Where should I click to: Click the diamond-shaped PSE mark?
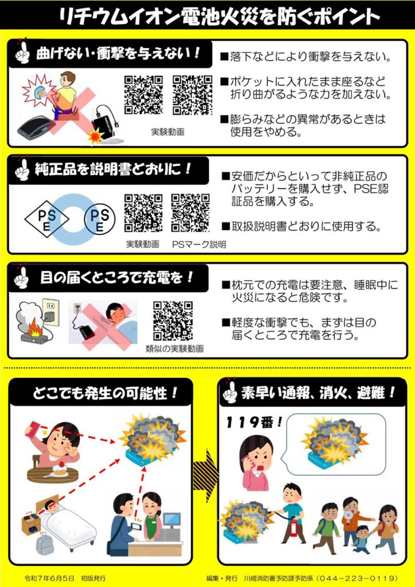click(x=47, y=219)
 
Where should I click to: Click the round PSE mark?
click(x=100, y=219)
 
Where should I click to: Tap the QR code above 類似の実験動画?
click(x=173, y=321)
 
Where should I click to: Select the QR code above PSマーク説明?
click(x=190, y=213)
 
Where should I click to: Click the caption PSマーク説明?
click(x=199, y=244)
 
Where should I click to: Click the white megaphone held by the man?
click(x=348, y=515)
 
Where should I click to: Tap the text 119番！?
click(x=254, y=422)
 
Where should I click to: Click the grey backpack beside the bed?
click(x=45, y=545)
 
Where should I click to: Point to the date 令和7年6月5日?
click(x=49, y=578)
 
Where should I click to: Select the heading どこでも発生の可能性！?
click(x=105, y=393)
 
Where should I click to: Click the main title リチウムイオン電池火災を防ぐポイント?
click(x=220, y=15)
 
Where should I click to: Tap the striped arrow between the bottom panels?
click(x=206, y=475)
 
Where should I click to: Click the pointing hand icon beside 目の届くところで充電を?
click(x=21, y=277)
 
